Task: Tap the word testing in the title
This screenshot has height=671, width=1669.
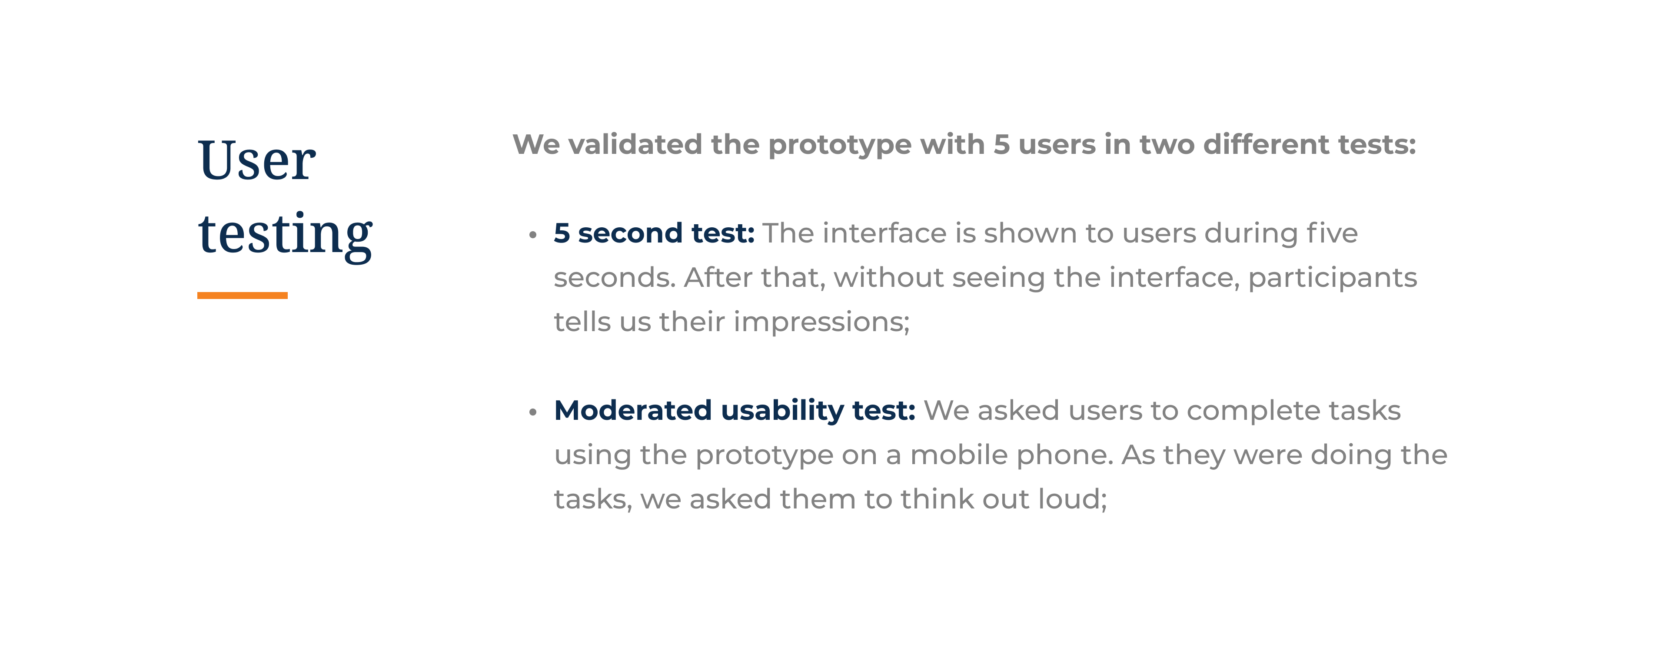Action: click(x=285, y=235)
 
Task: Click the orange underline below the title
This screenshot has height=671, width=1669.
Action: click(x=243, y=296)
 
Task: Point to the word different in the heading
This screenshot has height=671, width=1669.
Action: click(x=1266, y=144)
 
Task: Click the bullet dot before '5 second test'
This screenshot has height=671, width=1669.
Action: click(x=532, y=235)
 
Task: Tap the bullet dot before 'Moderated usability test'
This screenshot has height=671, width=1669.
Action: click(x=532, y=412)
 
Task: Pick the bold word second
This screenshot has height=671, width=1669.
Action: click(x=630, y=233)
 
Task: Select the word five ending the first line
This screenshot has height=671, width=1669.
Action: click(x=1332, y=233)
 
